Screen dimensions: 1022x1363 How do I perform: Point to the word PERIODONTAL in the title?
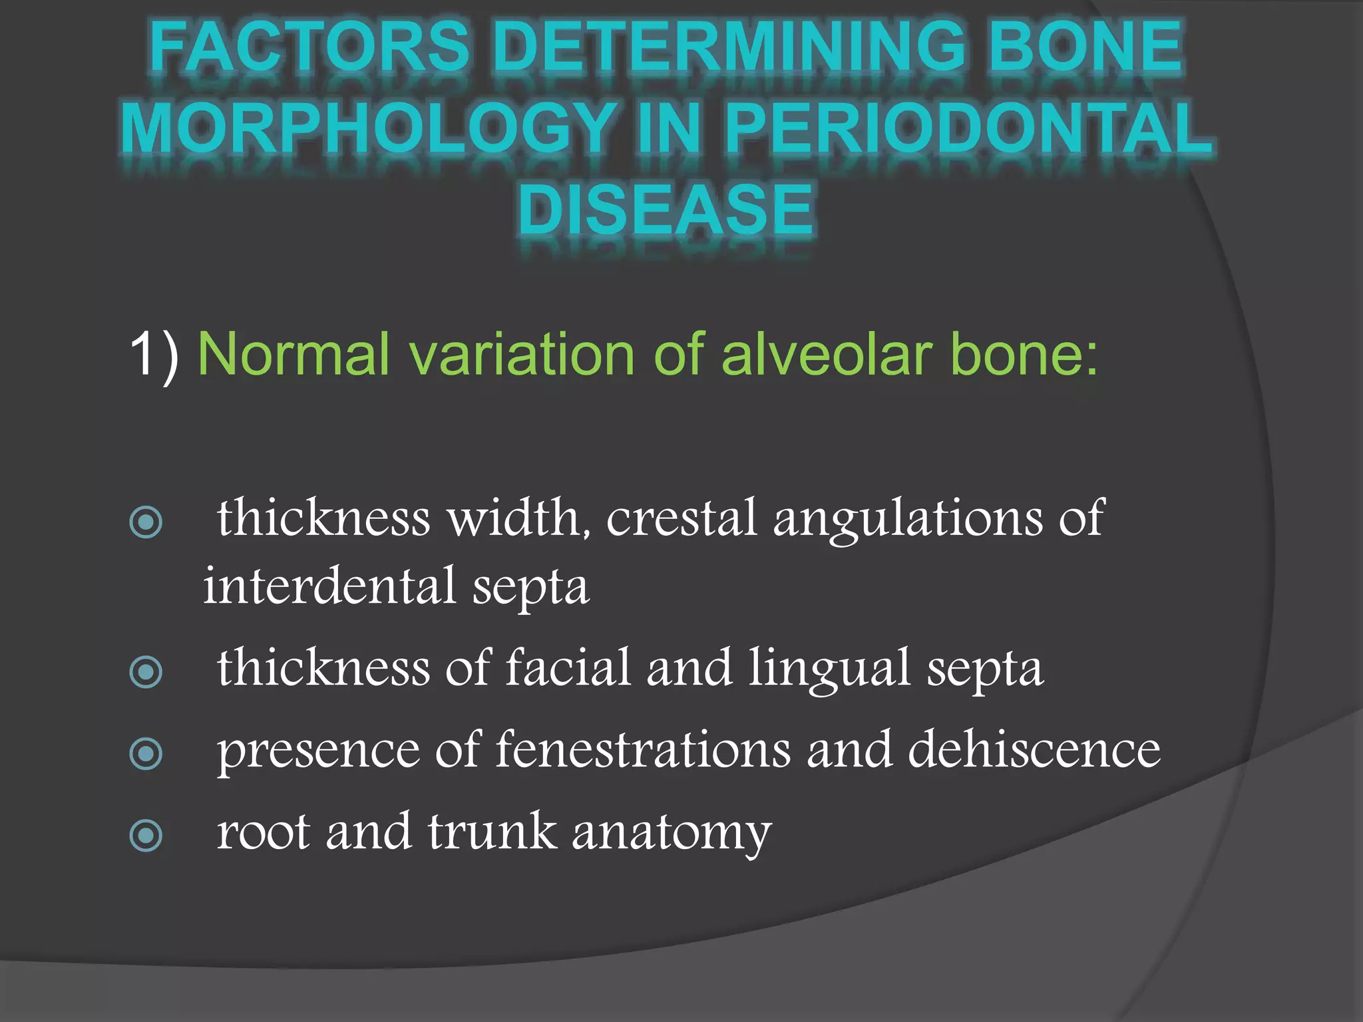[x=969, y=128]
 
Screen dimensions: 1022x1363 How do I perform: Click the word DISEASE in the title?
[x=666, y=210]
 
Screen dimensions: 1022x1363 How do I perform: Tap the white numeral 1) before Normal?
[x=154, y=353]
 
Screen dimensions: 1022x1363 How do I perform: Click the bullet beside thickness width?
[x=146, y=522]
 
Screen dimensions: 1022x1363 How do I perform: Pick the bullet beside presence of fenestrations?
[x=146, y=754]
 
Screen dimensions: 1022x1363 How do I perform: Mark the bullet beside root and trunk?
[x=146, y=836]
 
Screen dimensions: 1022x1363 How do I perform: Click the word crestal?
[x=681, y=518]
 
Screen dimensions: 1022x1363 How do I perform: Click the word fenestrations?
[x=643, y=750]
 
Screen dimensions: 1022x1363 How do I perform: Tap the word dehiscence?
[x=1034, y=750]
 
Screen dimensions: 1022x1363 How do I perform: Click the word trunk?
[x=492, y=832]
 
